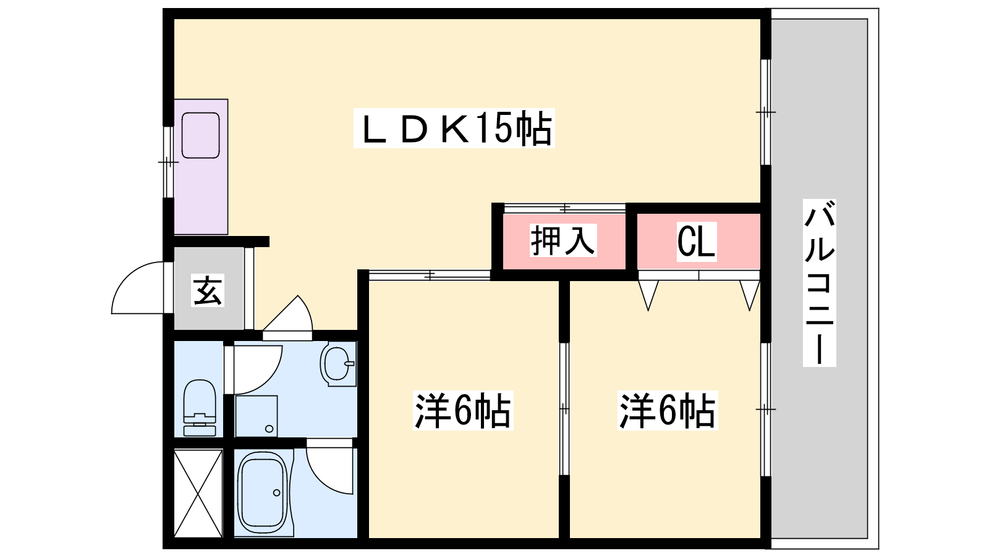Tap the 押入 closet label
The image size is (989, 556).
[562, 240]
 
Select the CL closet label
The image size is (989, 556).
[696, 241]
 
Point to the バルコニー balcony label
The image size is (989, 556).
[819, 282]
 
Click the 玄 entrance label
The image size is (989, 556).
[208, 290]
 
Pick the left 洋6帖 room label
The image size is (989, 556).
[462, 411]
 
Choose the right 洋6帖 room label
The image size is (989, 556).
[667, 411]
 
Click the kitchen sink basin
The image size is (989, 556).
[201, 135]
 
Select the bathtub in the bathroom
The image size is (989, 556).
[263, 492]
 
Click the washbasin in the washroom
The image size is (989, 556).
[337, 363]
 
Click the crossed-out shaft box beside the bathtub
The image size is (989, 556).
[198, 493]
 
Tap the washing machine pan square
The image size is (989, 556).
[256, 416]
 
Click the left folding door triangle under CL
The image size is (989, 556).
[648, 293]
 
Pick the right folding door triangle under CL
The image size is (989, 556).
[749, 293]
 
